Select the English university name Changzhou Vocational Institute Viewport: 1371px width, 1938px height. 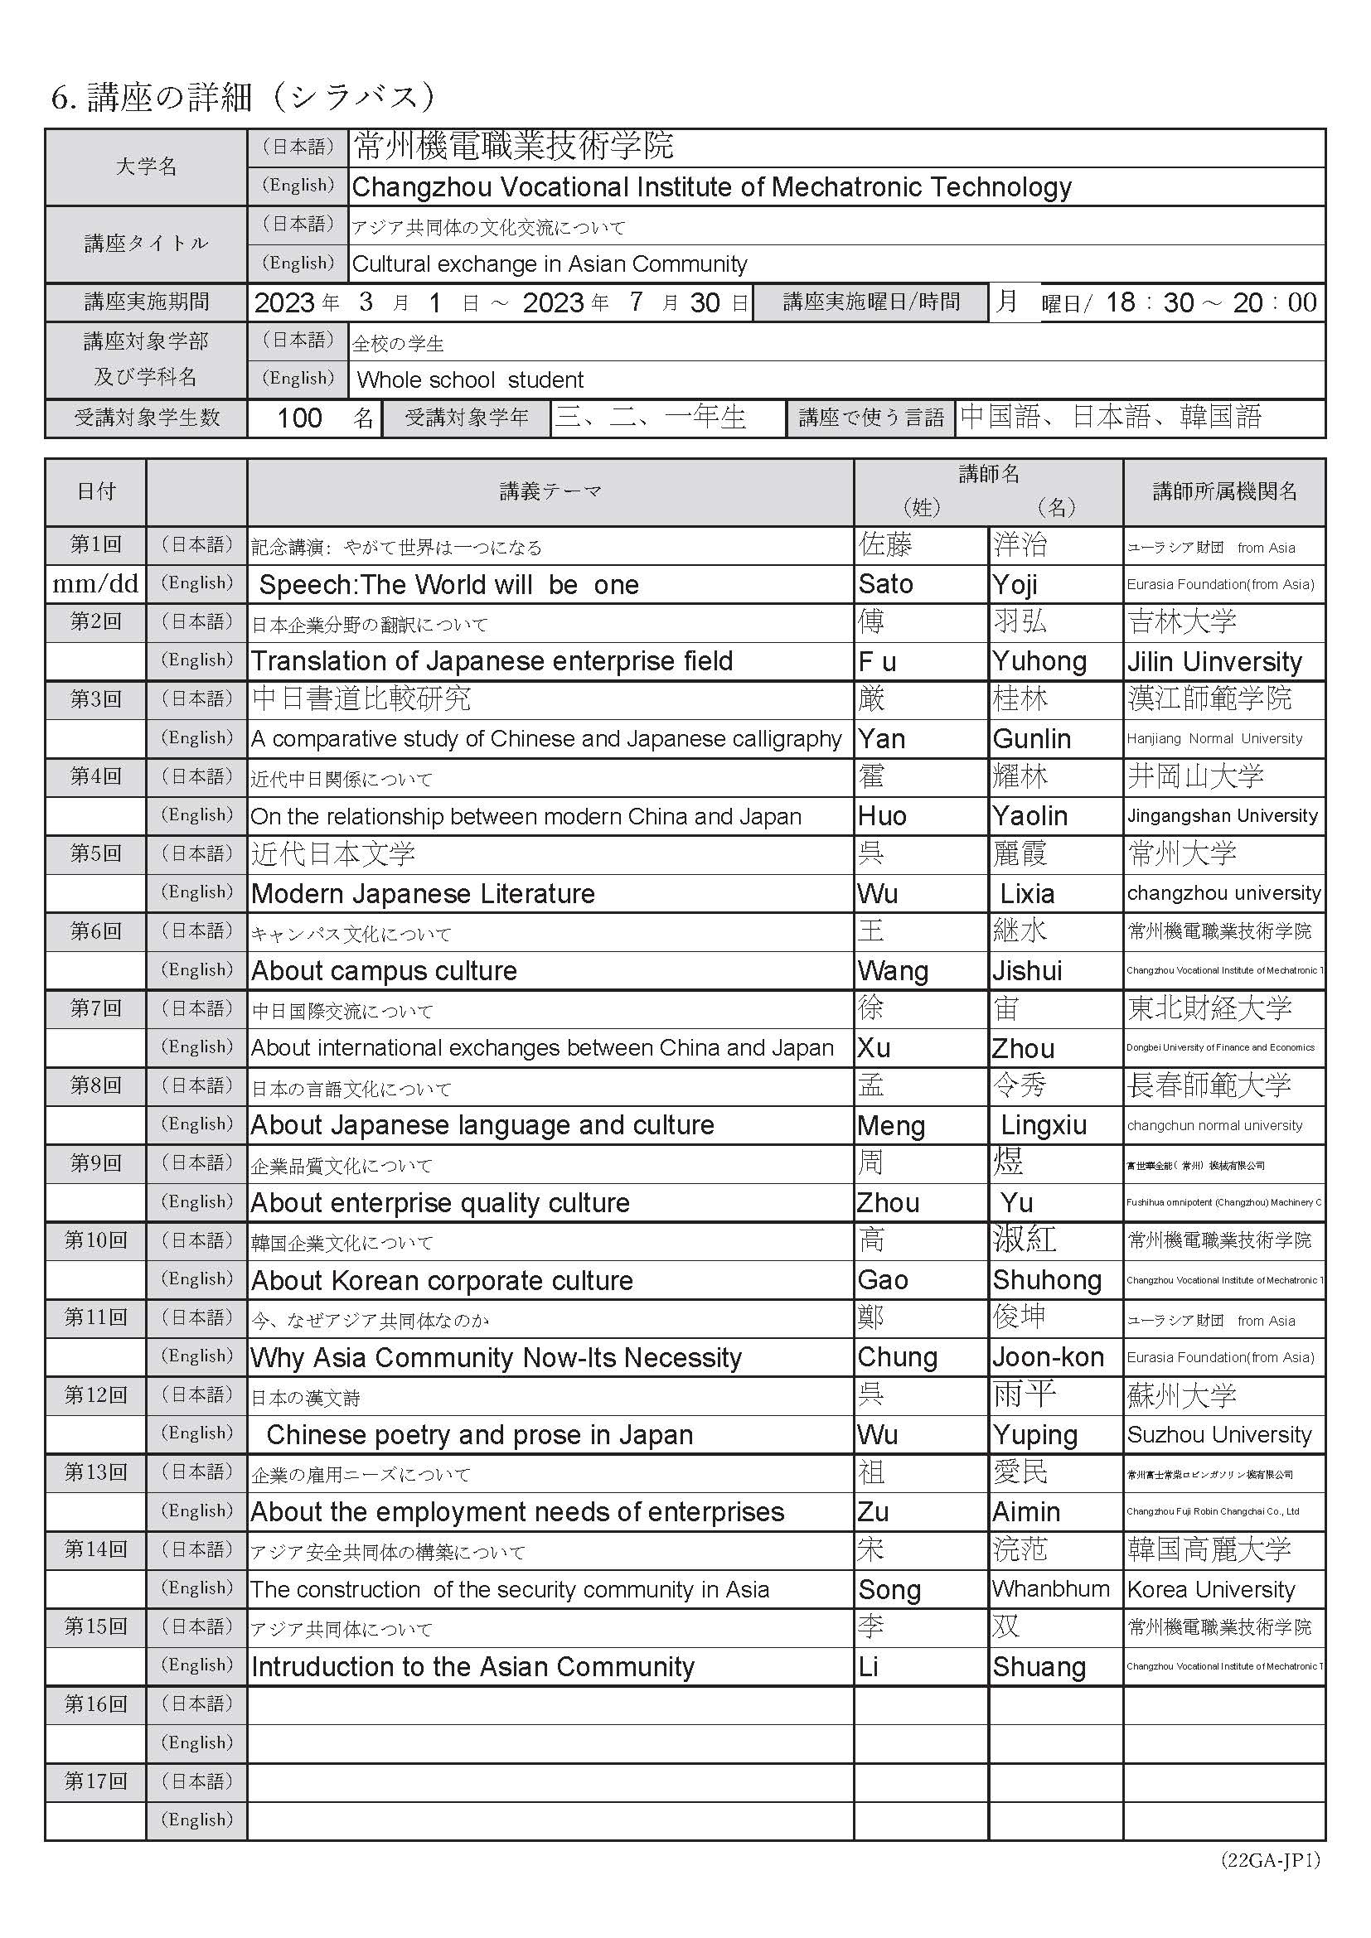[x=711, y=186]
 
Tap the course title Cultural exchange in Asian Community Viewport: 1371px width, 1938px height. [x=550, y=264]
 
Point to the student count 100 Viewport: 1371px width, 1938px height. [x=300, y=418]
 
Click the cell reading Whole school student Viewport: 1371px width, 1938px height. [x=469, y=379]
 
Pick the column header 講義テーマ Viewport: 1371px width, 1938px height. [x=550, y=491]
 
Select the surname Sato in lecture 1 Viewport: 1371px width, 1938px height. [x=885, y=584]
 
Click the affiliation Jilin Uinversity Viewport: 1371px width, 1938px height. [x=1214, y=662]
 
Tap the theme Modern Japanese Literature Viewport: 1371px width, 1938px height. [x=423, y=893]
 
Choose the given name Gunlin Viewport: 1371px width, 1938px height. [x=1032, y=738]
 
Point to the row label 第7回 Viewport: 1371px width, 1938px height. [x=95, y=1008]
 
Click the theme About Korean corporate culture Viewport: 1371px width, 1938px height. [x=442, y=1280]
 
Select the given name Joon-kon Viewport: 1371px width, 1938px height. [x=1048, y=1357]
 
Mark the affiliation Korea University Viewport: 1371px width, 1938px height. [x=1210, y=1589]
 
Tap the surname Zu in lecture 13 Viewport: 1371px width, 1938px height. [x=873, y=1512]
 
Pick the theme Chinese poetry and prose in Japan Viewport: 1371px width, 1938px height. [x=479, y=1435]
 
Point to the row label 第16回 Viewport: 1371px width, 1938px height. [x=95, y=1704]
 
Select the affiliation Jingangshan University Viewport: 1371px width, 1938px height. [x=1222, y=815]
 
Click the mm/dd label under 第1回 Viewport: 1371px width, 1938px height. [x=95, y=583]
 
